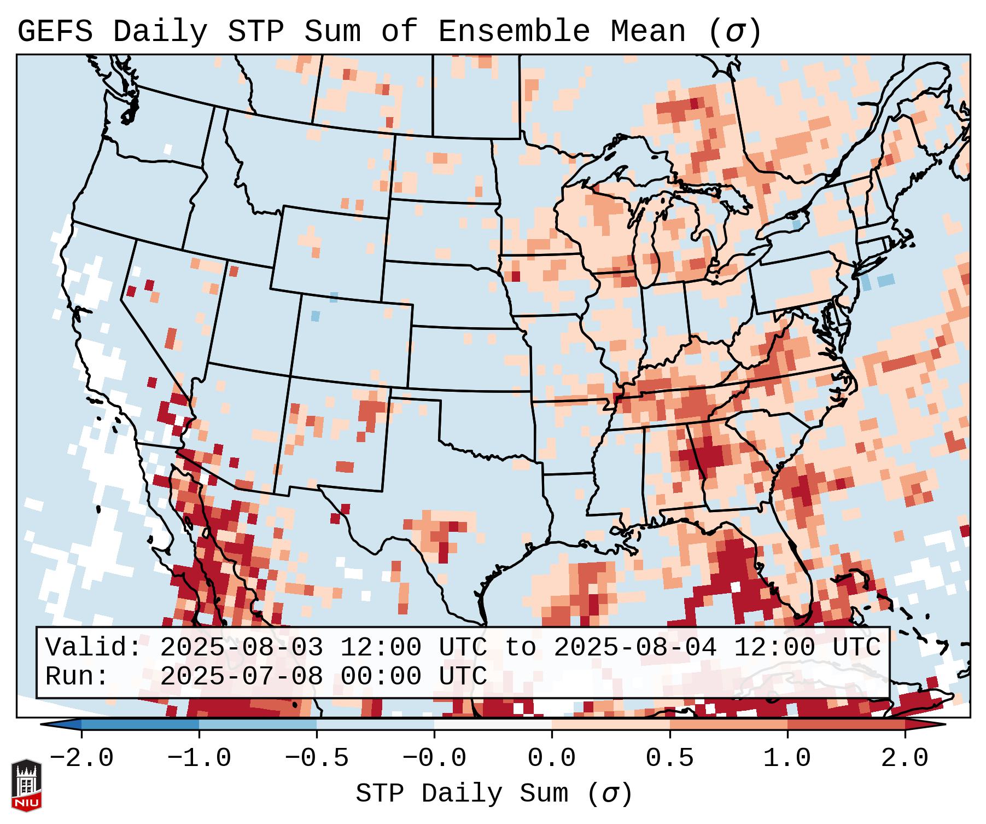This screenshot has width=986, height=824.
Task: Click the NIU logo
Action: pyautogui.click(x=26, y=785)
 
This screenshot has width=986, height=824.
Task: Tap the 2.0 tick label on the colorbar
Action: pyautogui.click(x=905, y=758)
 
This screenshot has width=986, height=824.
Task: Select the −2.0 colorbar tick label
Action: pyautogui.click(x=81, y=758)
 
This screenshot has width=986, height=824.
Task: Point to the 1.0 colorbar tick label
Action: pyautogui.click(x=787, y=758)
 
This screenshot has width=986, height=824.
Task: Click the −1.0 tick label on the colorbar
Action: pyautogui.click(x=199, y=758)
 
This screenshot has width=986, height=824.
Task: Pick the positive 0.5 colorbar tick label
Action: pyautogui.click(x=669, y=758)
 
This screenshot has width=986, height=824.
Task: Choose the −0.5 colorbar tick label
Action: pyautogui.click(x=317, y=758)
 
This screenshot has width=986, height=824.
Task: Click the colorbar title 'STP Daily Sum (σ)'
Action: pyautogui.click(x=494, y=794)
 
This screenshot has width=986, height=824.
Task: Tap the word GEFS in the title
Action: pyautogui.click(x=55, y=32)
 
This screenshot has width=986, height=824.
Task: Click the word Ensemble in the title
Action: pyautogui.click(x=514, y=32)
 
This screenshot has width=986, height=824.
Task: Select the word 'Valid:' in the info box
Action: pyautogui.click(x=93, y=647)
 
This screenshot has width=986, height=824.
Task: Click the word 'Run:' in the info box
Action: pyautogui.click(x=77, y=676)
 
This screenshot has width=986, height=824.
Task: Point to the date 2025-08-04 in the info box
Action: pyautogui.click(x=635, y=647)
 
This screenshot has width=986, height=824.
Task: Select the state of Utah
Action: pyautogui.click(x=249, y=317)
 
